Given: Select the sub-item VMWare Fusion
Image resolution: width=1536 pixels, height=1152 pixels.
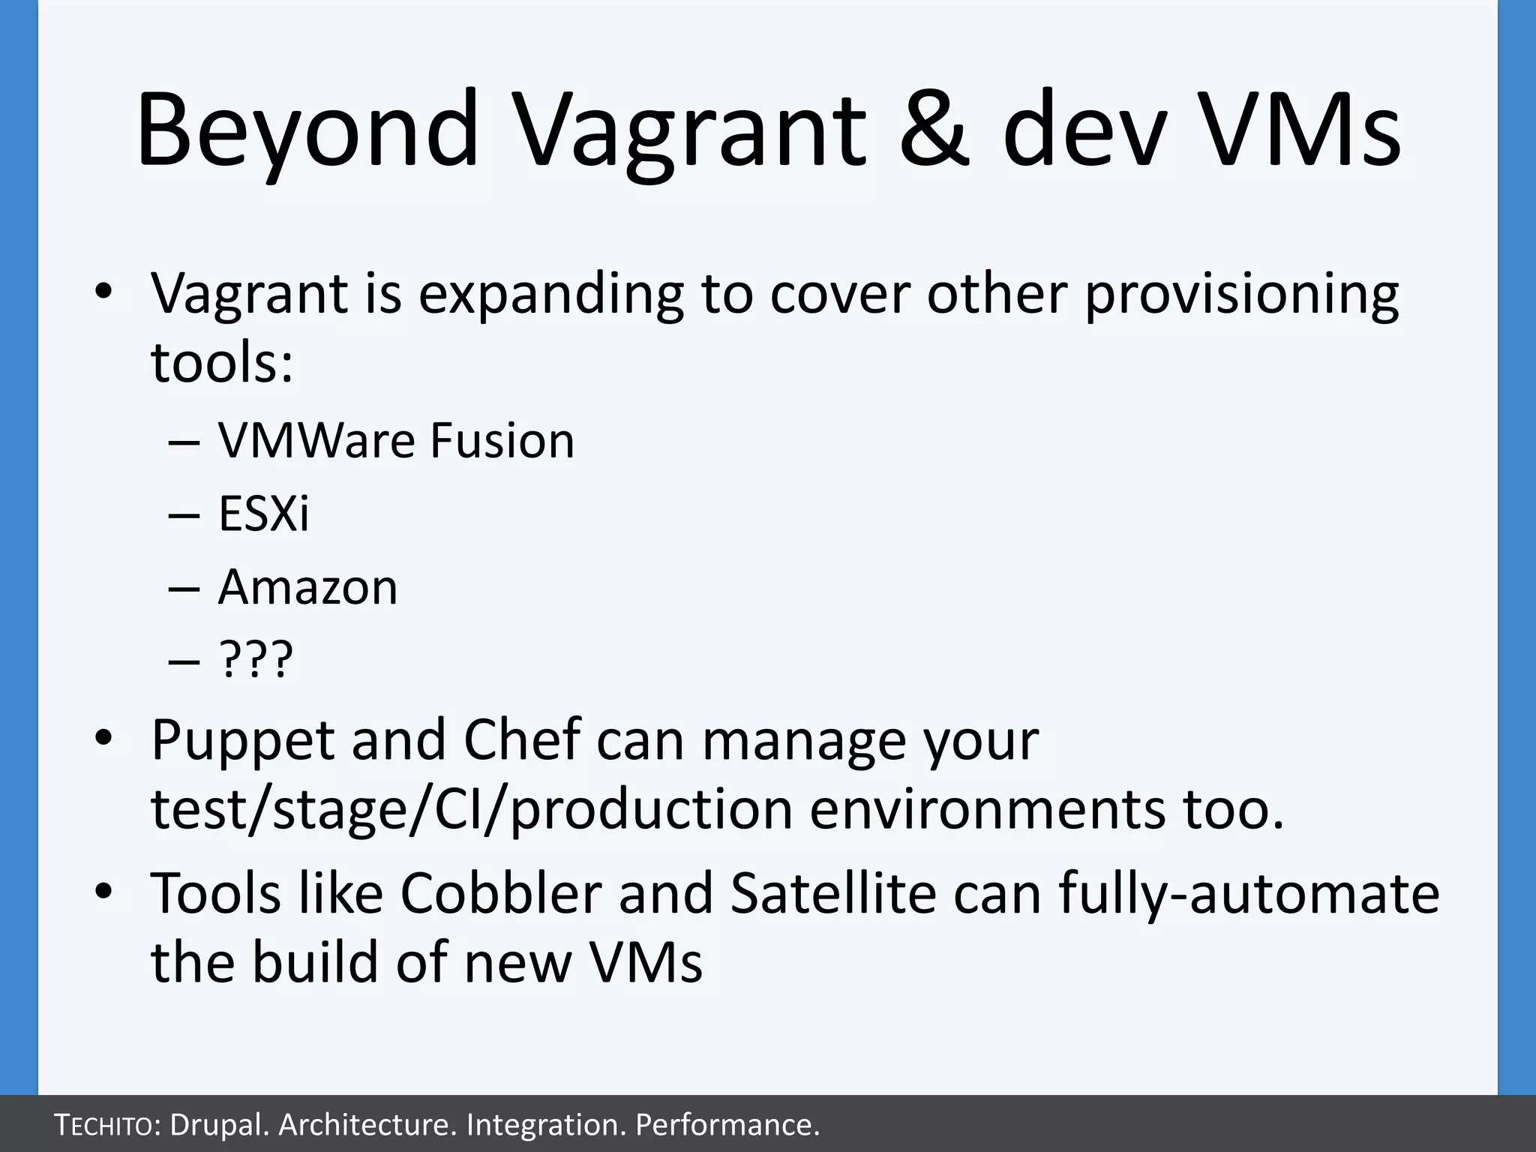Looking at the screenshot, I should [396, 440].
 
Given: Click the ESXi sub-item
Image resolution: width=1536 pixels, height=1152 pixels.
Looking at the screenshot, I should [263, 514].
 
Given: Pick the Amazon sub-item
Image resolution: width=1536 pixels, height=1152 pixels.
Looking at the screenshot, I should [307, 587].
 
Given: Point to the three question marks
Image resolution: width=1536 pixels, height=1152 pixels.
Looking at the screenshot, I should [256, 660].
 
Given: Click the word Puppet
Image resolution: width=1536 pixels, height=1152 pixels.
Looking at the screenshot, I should [242, 741].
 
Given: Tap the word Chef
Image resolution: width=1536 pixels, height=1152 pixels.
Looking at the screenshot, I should [522, 739].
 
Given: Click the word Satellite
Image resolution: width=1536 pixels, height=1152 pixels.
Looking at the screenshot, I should [833, 893].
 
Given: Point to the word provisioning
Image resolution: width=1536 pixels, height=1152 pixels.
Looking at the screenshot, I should [1241, 294].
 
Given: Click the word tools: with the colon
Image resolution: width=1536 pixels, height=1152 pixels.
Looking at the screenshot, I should [222, 363].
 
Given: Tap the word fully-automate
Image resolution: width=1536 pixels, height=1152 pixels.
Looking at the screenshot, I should [1249, 893].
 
